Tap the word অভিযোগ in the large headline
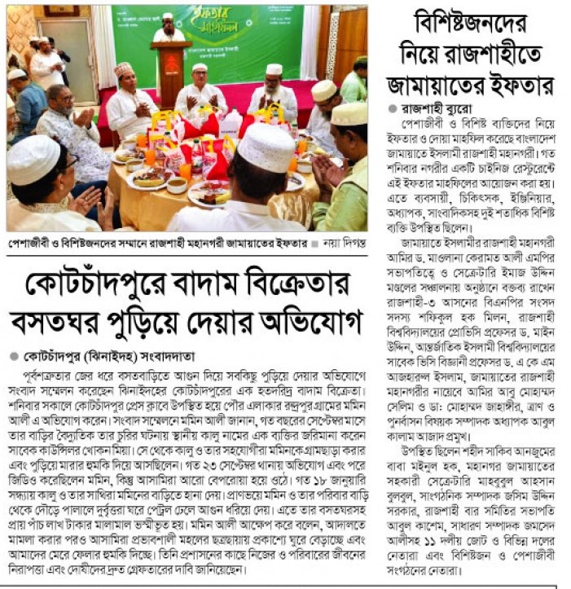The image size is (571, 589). (313, 322)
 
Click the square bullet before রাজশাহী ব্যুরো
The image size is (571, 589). (393, 108)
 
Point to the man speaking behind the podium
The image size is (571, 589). (169, 29)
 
